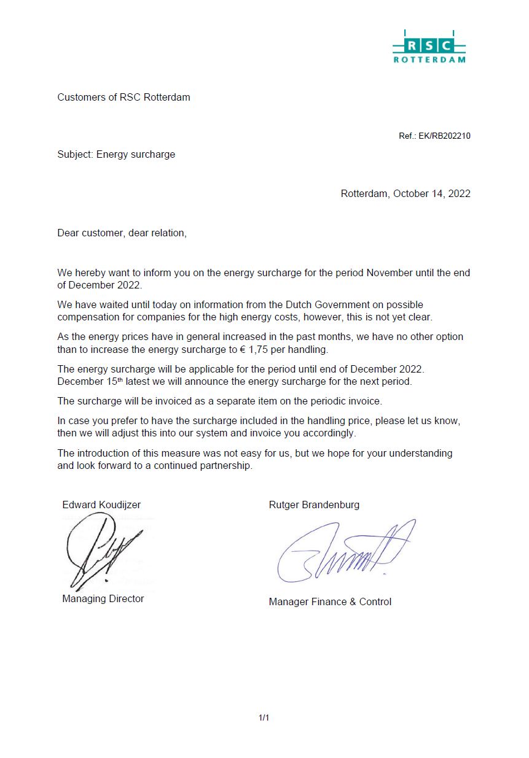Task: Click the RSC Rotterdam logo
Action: [x=429, y=47]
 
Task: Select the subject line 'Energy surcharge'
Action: [x=136, y=155]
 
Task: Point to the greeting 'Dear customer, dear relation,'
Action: [x=122, y=233]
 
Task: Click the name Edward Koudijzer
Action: [x=101, y=505]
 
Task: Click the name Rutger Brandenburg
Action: [x=314, y=505]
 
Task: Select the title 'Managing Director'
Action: [x=103, y=599]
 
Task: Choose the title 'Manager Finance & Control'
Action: [x=330, y=602]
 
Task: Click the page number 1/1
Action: [x=264, y=717]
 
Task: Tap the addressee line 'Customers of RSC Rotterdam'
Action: [x=123, y=98]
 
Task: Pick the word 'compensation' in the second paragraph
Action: [x=88, y=317]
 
